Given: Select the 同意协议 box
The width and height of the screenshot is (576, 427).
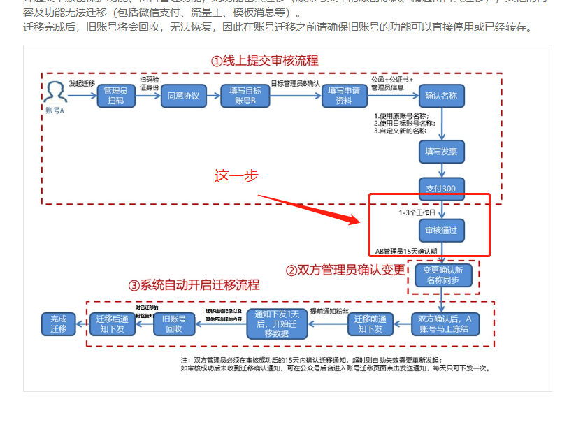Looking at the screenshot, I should click(x=183, y=95).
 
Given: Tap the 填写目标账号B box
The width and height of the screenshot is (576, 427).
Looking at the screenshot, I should click(x=245, y=95).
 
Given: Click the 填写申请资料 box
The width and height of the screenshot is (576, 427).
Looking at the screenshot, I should click(x=344, y=95).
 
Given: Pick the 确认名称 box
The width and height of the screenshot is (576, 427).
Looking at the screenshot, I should click(x=441, y=95).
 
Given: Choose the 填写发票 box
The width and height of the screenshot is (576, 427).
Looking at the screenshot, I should click(x=441, y=151).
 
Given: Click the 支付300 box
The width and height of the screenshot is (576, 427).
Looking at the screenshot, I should click(x=441, y=188).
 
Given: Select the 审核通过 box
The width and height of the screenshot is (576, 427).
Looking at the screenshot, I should click(x=441, y=230).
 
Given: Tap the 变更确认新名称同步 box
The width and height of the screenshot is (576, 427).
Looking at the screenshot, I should click(x=444, y=275).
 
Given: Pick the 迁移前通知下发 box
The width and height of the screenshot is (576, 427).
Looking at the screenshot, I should click(x=370, y=324).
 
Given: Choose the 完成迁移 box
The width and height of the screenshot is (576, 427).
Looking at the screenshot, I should click(x=58, y=324).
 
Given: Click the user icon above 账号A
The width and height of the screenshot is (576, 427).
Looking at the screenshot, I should click(x=55, y=92).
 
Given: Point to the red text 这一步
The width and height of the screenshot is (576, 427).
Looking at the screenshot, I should click(x=236, y=176).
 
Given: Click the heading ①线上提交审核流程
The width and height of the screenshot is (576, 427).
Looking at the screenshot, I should click(x=264, y=61).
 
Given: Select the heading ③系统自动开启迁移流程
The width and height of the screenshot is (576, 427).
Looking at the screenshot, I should click(x=194, y=285).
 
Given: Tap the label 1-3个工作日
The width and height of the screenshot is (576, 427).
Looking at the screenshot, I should click(x=417, y=212).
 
